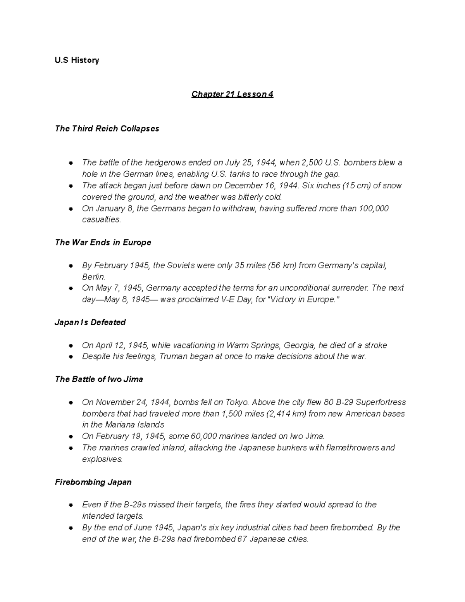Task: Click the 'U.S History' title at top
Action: tap(77, 60)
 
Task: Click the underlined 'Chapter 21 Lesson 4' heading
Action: tap(232, 94)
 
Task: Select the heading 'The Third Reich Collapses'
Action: tap(107, 128)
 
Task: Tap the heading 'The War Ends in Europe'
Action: tap(103, 242)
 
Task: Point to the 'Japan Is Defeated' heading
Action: tap(90, 322)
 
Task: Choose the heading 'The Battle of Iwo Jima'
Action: tap(99, 379)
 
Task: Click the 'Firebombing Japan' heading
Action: tap(93, 482)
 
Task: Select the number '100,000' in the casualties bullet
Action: tap(374, 208)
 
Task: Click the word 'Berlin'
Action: tap(93, 277)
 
